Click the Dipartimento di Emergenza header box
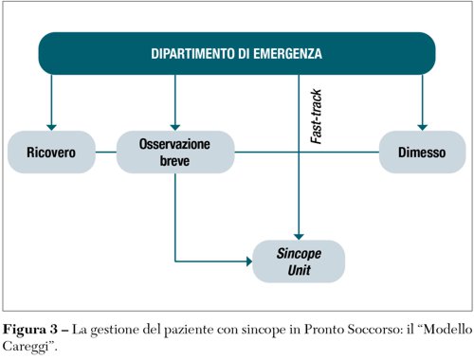[x=237, y=53]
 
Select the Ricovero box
[x=51, y=152]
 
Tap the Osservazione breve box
[x=175, y=152]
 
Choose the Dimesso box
[x=422, y=152]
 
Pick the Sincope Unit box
[x=300, y=261]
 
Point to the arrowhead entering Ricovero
[x=51, y=124]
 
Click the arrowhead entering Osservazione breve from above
[x=175, y=124]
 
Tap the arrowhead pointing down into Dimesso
[x=423, y=124]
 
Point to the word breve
[x=175, y=160]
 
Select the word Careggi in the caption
[x=28, y=347]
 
